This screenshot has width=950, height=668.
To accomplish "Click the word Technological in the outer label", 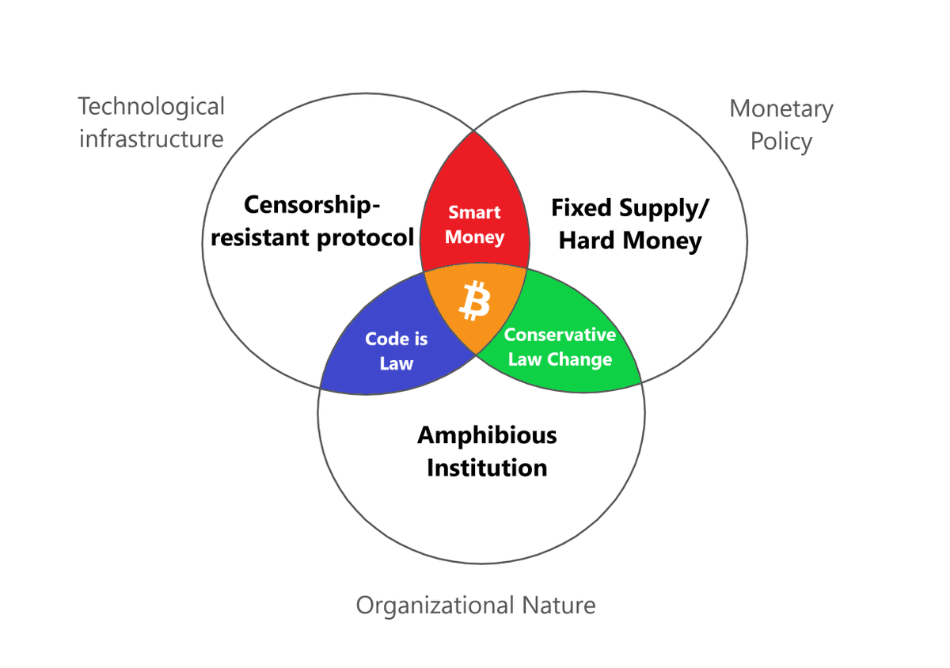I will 151,106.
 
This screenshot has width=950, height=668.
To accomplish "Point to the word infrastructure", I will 151,139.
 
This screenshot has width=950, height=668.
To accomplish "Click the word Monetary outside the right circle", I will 781,108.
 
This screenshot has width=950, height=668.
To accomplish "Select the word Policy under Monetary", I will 781,142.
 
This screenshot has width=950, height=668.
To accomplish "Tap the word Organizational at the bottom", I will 435,605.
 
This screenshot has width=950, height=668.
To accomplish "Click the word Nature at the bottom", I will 558,605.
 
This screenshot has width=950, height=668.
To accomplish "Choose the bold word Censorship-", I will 312,205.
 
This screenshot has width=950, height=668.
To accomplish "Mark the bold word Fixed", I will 581,208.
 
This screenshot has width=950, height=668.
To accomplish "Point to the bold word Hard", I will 587,241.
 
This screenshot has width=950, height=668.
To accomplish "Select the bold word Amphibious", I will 487,435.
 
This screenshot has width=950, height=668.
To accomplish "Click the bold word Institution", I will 487,468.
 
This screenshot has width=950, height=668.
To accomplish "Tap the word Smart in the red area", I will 474,212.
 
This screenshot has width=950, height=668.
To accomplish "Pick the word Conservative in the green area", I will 560,335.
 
